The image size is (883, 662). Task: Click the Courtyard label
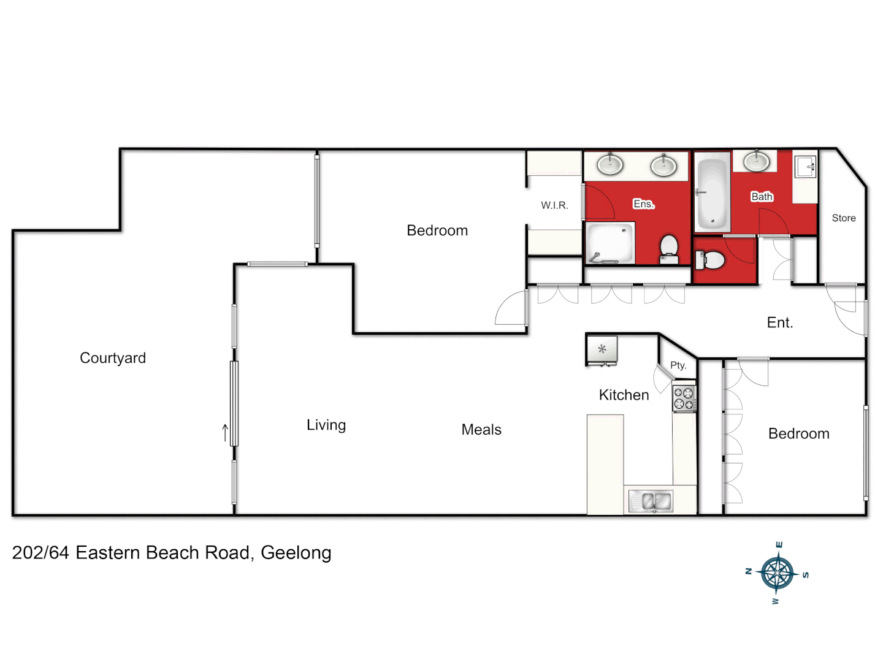tap(113, 358)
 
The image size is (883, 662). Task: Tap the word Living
tap(326, 425)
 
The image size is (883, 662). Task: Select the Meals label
tap(481, 430)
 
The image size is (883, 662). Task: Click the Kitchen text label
tap(624, 395)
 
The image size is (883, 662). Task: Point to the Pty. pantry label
tap(678, 365)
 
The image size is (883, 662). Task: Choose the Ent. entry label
tap(780, 322)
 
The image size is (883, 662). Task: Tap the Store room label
tap(844, 218)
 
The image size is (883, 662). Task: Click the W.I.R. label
tap(554, 205)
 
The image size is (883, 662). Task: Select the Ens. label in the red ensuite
tap(644, 204)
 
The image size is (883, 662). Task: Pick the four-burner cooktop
tap(684, 398)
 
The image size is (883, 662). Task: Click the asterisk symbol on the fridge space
tap(602, 349)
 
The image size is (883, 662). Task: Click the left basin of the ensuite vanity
tap(610, 164)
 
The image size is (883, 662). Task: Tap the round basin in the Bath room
tap(756, 162)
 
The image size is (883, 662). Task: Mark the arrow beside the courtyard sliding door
tap(225, 433)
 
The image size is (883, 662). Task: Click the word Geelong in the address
tap(296, 553)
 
